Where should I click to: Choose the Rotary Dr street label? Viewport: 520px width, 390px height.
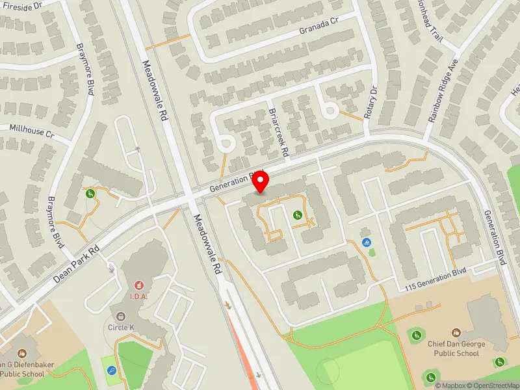373,101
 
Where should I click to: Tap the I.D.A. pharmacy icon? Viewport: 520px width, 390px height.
138,285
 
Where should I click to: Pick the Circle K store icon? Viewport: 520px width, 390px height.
121,317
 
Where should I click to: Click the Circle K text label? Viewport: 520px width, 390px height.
121,327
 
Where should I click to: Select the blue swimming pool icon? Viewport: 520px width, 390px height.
367,243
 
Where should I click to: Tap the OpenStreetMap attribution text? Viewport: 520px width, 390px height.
497,385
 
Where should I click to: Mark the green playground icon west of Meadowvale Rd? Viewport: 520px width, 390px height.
90,193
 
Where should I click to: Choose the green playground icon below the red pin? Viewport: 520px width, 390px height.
298,215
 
